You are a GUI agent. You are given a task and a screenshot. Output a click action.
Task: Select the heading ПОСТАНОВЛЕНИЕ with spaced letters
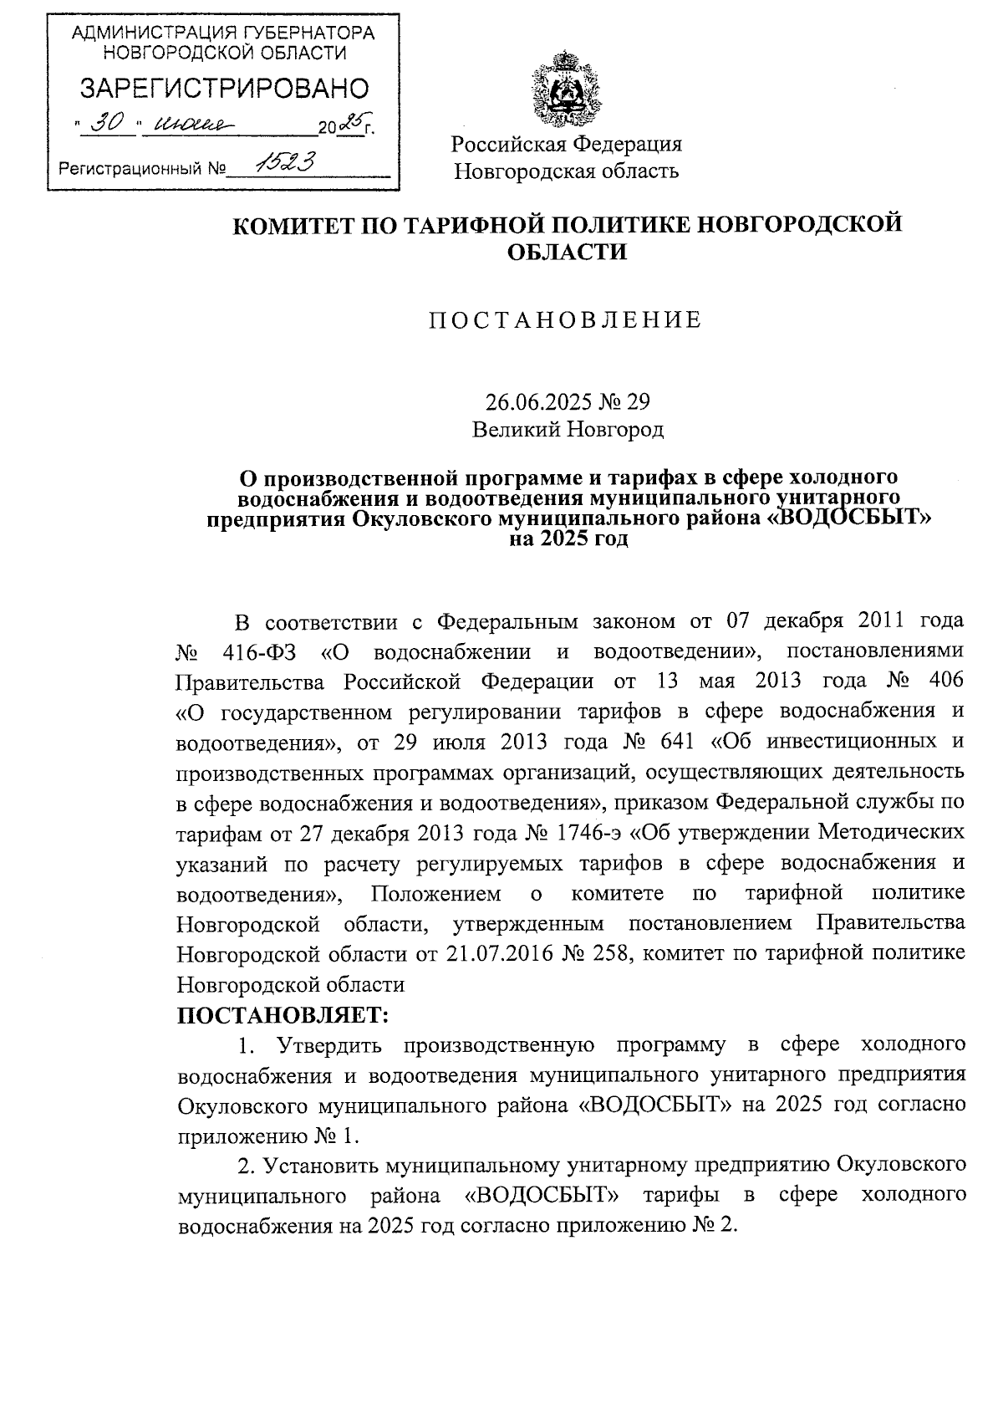(566, 320)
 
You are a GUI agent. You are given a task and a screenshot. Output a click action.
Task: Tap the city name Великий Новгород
(568, 430)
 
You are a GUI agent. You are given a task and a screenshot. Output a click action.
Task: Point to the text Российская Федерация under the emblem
(567, 144)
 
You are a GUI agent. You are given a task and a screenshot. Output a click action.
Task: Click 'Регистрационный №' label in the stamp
(143, 170)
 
